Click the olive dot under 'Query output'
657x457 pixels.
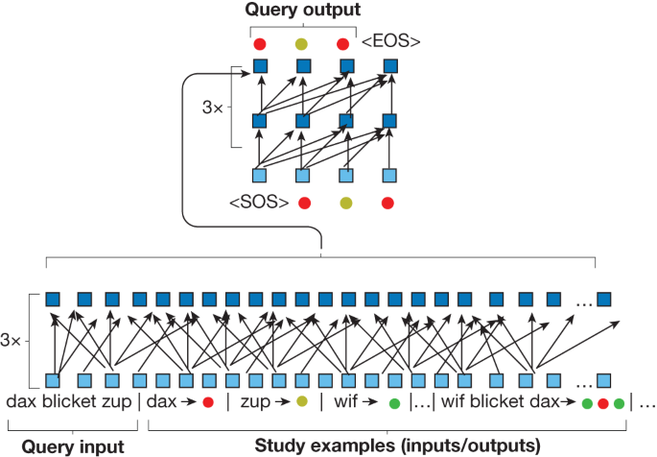pyautogui.click(x=302, y=44)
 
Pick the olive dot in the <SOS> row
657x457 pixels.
pyautogui.click(x=346, y=203)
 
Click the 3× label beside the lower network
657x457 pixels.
pyautogui.click(x=14, y=341)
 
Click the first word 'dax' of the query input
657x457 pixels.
pyautogui.click(x=21, y=402)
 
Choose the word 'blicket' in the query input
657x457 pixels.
pyautogui.click(x=70, y=402)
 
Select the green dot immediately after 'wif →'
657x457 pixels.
pyautogui.click(x=393, y=403)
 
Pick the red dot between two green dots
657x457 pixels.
pyautogui.click(x=603, y=403)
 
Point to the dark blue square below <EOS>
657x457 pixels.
pyautogui.click(x=390, y=66)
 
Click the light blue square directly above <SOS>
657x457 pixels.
pyautogui.click(x=259, y=176)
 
